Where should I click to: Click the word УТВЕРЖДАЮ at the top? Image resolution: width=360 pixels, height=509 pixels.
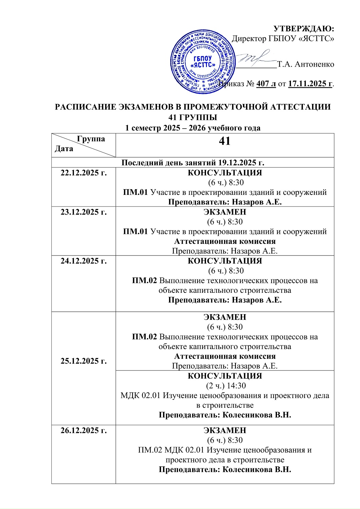pos(304,29)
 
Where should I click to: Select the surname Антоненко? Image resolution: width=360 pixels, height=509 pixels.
pos(314,64)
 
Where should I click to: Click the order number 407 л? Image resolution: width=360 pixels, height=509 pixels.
pos(266,84)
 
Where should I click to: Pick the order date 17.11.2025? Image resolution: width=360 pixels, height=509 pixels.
pos(310,84)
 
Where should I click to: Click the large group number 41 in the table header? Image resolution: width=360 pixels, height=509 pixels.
pos(225,141)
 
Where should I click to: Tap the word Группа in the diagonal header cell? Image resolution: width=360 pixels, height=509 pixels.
pos(91,139)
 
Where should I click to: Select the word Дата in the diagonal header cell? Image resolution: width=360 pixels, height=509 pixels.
pos(64,149)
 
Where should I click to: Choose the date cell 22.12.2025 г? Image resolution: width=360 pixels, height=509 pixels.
pos(84,173)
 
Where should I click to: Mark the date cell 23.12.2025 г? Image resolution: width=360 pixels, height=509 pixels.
pos(84,212)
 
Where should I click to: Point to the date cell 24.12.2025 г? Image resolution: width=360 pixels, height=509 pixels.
pos(84,261)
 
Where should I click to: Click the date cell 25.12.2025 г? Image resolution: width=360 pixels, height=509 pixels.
pos(84,361)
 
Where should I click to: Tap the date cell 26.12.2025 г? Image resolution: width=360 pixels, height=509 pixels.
pos(84,430)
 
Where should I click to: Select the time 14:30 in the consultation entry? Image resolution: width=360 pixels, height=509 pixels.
pos(236,386)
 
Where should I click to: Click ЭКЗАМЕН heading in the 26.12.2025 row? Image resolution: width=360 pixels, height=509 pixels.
pos(225,430)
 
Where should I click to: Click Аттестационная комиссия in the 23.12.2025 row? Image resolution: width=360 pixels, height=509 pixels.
pos(225,241)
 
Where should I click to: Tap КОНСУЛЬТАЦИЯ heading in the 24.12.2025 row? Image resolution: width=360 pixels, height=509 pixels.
pos(225,261)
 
